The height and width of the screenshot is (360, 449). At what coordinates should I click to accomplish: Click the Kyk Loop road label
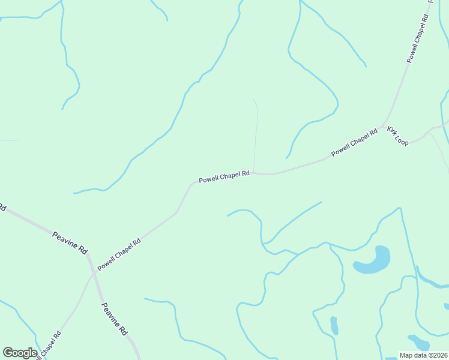398,134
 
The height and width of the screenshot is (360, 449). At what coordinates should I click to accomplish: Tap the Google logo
20,353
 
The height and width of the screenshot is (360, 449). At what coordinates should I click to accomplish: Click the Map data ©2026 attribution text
423,355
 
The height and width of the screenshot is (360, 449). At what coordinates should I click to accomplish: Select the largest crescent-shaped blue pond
373,260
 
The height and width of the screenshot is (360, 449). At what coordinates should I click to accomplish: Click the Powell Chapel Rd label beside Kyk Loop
354,143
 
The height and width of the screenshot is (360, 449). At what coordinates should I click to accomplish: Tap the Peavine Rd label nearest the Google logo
114,319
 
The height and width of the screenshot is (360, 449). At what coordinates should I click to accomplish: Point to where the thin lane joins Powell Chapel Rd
254,173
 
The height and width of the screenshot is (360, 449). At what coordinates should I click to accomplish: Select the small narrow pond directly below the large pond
334,326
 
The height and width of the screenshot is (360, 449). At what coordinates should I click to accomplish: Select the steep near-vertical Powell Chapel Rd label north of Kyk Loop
418,38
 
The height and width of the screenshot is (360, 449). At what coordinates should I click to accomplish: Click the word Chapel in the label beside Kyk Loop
357,142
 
